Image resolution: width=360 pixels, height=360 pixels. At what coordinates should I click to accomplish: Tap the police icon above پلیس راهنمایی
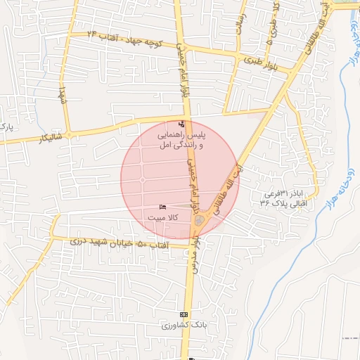pyautogui.click(x=182, y=124)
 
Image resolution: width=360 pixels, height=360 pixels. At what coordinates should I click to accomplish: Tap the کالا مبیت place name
pyautogui.click(x=162, y=218)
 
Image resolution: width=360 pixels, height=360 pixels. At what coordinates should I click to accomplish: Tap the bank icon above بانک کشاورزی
pyautogui.click(x=184, y=314)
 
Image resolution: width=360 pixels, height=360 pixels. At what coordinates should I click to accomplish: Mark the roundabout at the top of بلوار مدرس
pyautogui.click(x=200, y=222)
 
